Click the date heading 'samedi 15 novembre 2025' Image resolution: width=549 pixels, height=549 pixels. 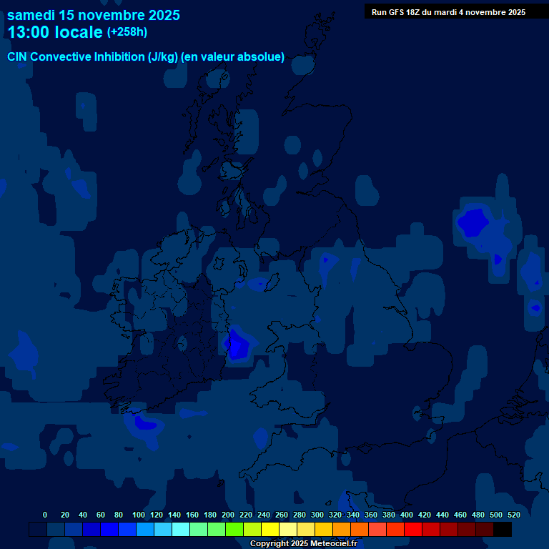click(94, 15)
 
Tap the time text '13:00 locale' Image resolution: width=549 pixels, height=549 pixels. click(55, 32)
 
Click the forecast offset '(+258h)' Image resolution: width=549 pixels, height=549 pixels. click(127, 32)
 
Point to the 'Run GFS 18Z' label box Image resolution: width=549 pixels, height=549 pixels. click(448, 12)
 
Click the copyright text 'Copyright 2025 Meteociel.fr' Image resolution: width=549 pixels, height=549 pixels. click(303, 544)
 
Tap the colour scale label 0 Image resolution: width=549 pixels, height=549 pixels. click(45, 515)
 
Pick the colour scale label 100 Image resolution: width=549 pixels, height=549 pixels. click(139, 515)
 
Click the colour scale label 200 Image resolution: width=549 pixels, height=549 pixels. click(228, 515)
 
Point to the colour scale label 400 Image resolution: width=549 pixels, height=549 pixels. click(407, 515)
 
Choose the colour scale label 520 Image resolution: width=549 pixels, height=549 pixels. click(514, 515)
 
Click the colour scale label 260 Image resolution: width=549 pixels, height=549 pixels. click(282, 515)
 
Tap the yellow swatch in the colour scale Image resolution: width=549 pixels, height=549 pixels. click(270, 530)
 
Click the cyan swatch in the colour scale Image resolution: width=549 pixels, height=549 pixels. click(181, 530)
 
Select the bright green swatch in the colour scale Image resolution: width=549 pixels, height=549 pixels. click(234, 530)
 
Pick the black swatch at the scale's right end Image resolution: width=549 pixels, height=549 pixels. click(503, 530)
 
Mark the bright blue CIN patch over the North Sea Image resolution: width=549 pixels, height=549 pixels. click(473, 222)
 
